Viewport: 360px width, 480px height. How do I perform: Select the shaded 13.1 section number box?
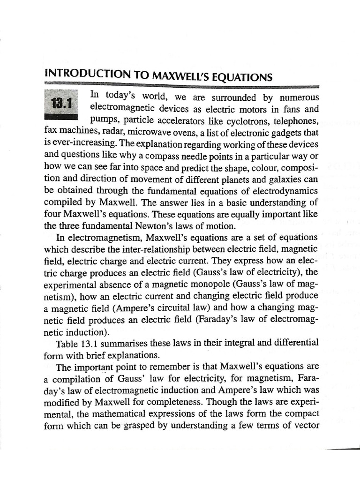pyautogui.click(x=61, y=103)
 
